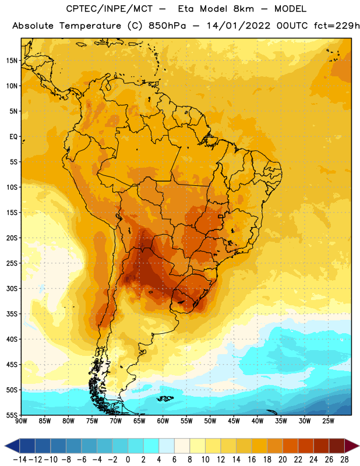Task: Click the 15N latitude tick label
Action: pyautogui.click(x=12, y=61)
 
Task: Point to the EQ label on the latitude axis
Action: pyautogui.click(x=13, y=137)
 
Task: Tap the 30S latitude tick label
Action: pyautogui.click(x=12, y=288)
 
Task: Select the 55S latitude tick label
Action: pyautogui.click(x=12, y=415)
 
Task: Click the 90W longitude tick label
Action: pyautogui.click(x=21, y=421)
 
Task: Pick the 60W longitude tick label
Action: pyautogui.click(x=163, y=421)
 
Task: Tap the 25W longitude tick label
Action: pyautogui.click(x=328, y=421)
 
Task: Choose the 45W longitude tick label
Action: pyautogui.click(x=234, y=421)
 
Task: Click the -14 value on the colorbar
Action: pyautogui.click(x=20, y=460)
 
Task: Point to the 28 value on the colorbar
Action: pyautogui.click(x=344, y=460)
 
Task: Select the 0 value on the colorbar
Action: pyautogui.click(x=128, y=460)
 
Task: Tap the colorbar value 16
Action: pyautogui.click(x=252, y=460)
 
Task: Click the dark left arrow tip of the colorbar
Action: pyautogui.click(x=5, y=446)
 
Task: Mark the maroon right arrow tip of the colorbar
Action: pyautogui.click(x=358, y=446)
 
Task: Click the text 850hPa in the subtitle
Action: pyautogui.click(x=167, y=26)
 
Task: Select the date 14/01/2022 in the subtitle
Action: pyautogui.click(x=239, y=26)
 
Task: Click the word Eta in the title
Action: pyautogui.click(x=186, y=9)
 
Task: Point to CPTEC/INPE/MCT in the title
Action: pyautogui.click(x=109, y=9)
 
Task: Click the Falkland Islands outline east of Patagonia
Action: pyautogui.click(x=165, y=398)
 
